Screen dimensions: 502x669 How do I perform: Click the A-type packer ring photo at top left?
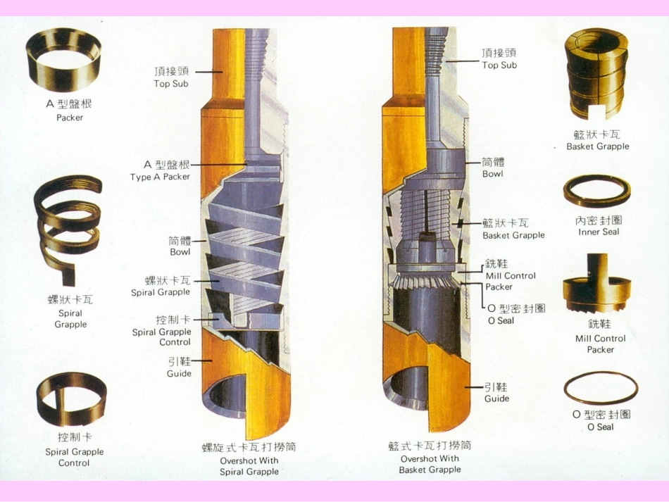[x=63, y=59]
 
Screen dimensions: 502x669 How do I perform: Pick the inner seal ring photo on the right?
[x=596, y=191]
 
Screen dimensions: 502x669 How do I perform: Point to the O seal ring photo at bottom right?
[x=601, y=388]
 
